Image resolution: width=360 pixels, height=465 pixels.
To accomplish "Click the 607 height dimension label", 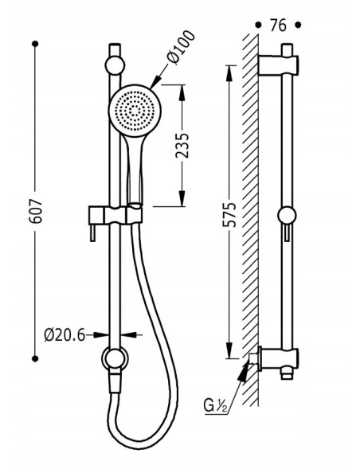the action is point(36,211).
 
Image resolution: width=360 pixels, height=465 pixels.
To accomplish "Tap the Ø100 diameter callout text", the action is point(181,47).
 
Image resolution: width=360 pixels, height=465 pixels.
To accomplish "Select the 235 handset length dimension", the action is point(182,145).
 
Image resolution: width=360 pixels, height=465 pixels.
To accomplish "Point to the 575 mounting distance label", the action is point(229,215).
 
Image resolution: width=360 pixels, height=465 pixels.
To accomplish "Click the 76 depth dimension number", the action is point(278,25).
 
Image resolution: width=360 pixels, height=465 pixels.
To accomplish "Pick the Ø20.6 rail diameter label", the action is point(65,335).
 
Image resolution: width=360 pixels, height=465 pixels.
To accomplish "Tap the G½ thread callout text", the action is point(216,405).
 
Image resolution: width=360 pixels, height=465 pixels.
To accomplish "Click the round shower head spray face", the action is point(135,111).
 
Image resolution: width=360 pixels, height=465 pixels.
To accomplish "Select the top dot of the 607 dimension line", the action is point(35,44).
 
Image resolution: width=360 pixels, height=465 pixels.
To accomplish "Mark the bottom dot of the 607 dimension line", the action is point(35,359).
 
